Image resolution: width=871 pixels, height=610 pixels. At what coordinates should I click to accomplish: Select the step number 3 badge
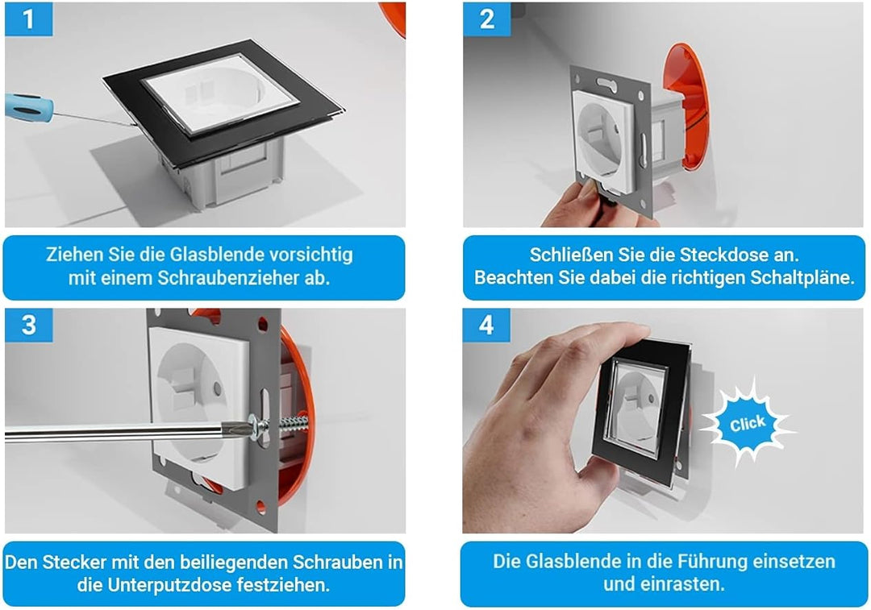tap(28, 325)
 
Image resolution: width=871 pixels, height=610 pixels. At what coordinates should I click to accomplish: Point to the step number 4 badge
tap(486, 325)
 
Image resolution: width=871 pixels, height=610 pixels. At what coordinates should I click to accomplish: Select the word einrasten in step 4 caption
tap(686, 583)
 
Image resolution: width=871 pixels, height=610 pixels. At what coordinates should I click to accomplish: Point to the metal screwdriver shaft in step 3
tap(121, 433)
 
